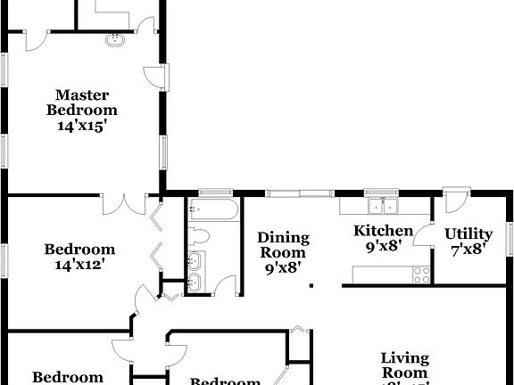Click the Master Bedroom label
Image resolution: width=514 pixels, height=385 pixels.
click(82, 102)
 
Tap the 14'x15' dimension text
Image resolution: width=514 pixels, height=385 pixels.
click(82, 126)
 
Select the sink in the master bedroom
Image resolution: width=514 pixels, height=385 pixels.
click(113, 40)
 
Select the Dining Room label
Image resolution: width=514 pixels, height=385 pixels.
click(284, 244)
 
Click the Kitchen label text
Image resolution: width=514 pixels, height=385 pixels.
click(384, 231)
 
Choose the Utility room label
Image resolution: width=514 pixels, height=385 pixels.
click(468, 234)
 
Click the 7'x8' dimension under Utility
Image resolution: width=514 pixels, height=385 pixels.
click(468, 250)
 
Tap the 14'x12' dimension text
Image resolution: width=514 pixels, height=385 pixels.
click(80, 265)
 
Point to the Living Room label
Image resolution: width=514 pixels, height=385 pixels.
click(405, 365)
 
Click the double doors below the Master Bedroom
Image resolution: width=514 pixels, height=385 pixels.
click(124, 204)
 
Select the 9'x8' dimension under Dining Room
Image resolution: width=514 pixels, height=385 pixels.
click(284, 266)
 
